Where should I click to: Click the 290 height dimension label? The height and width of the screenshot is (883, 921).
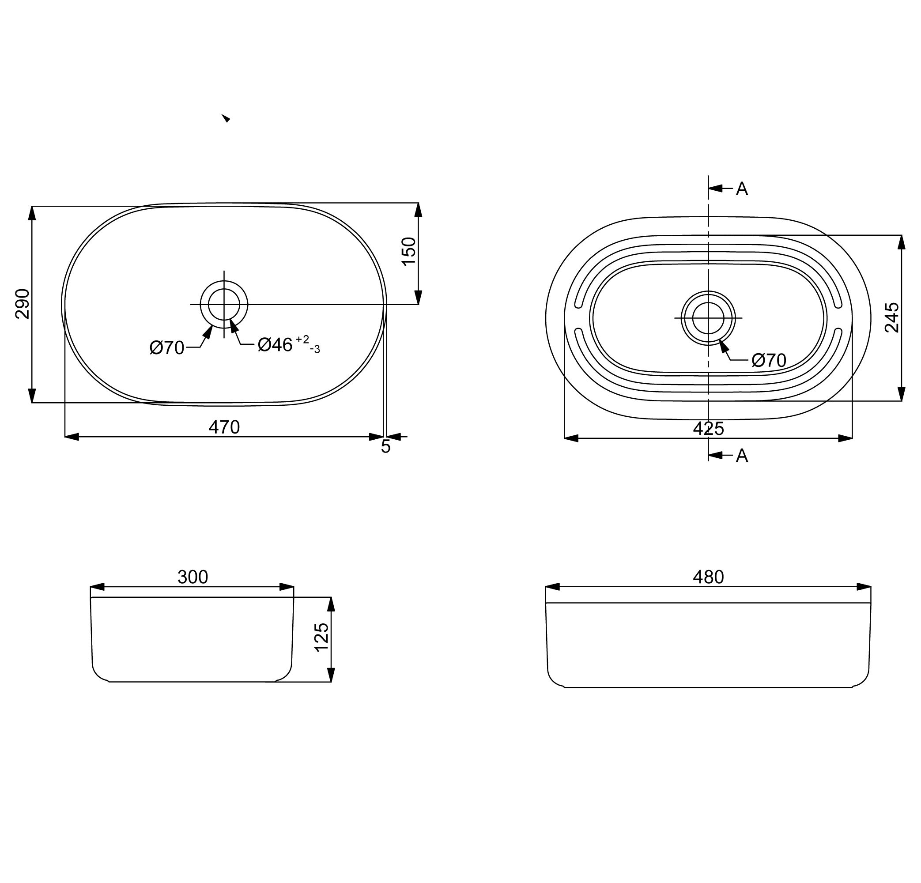23,304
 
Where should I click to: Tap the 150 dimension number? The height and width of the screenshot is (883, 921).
409,251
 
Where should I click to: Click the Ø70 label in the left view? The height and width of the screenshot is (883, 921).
167,348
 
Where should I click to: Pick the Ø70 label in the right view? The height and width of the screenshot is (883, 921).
769,360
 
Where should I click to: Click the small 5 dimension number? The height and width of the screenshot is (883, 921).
385,447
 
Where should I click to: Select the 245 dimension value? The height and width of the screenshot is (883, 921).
892,318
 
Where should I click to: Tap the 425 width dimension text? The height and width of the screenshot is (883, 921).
708,429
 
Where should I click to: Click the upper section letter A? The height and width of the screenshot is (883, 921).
741,189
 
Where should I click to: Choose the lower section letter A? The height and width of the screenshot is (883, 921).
741,455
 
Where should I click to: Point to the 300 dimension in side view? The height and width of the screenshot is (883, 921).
193,577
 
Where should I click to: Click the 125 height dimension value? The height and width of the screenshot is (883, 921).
321,637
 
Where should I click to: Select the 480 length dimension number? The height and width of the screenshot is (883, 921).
708,577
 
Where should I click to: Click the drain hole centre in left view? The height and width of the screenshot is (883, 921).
224,305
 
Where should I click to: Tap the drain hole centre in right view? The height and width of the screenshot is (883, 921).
708,318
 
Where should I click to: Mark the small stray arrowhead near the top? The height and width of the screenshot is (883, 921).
226,118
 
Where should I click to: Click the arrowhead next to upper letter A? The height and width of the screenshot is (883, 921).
715,189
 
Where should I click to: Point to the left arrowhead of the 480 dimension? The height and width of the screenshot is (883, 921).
553,586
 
